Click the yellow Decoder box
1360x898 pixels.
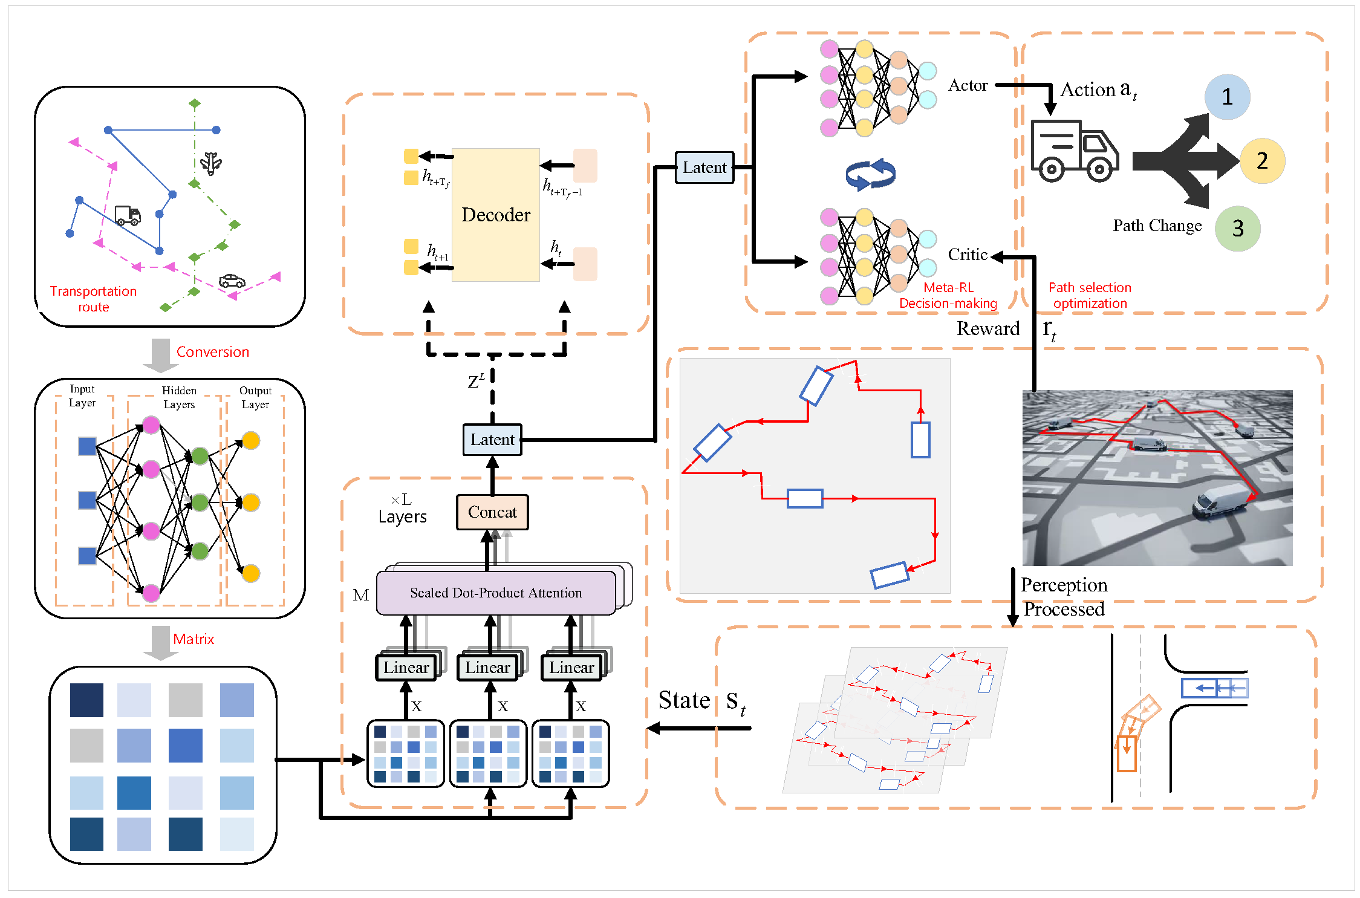coord(495,215)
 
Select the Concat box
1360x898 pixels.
coord(492,512)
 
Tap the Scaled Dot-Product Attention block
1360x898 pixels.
coord(496,593)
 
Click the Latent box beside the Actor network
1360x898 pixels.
coord(704,168)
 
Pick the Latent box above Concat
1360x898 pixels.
coord(492,440)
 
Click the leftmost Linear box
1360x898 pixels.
coord(406,668)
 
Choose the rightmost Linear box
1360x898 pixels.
coord(571,668)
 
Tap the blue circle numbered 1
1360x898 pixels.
coord(1227,97)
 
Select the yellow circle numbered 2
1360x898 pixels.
coord(1262,161)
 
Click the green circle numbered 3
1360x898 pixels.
coord(1237,229)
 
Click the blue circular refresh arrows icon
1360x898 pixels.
coord(870,174)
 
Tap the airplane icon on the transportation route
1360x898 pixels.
coord(211,163)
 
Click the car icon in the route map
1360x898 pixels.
coord(232,281)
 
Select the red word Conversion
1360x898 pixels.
coord(212,352)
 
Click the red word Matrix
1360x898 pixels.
coord(194,639)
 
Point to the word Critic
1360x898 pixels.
coord(968,255)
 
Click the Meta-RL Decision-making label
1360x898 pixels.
coord(948,296)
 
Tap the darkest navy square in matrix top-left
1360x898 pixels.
coord(86,700)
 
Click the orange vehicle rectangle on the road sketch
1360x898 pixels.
coord(1126,753)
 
